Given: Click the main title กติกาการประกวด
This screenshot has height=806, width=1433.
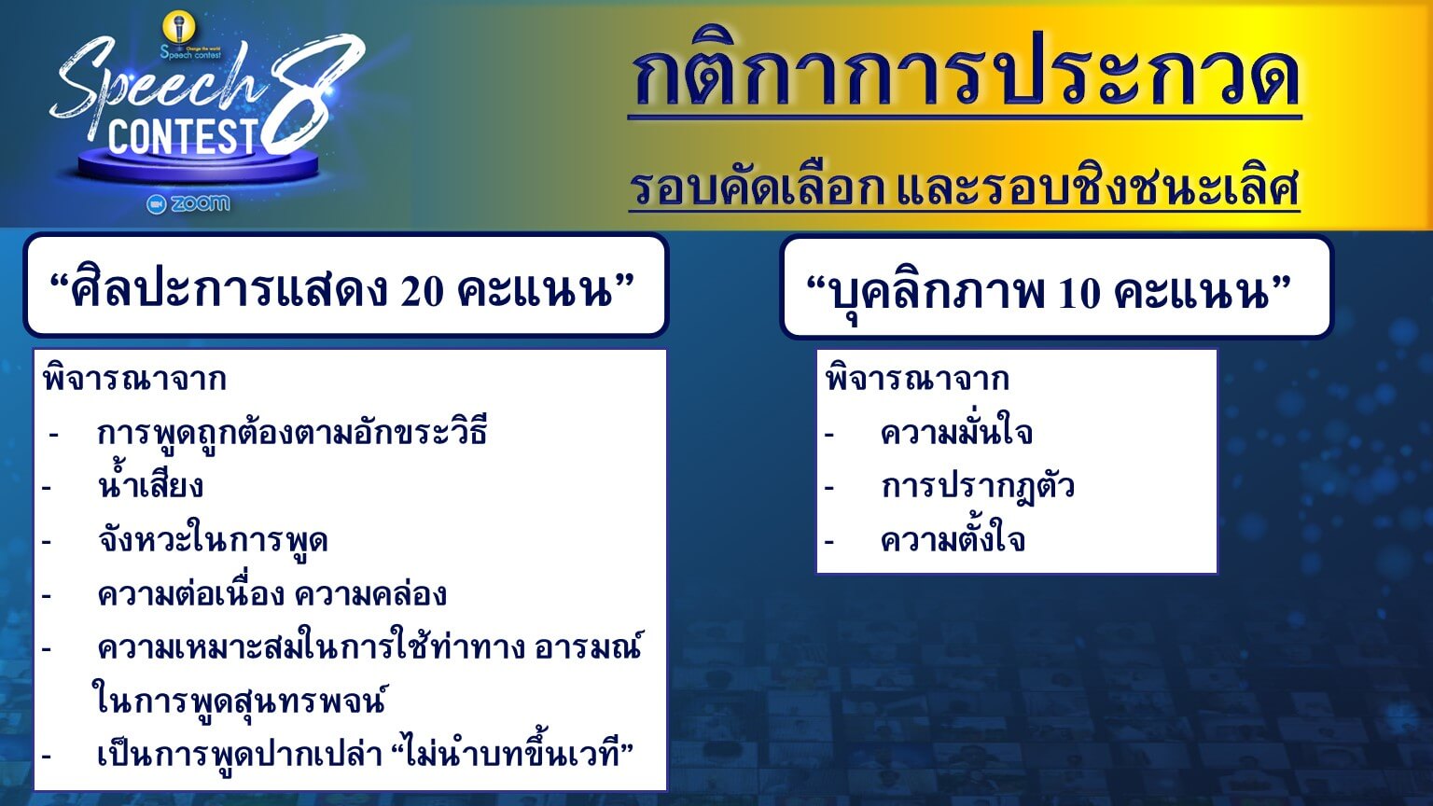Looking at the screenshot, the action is [966, 72].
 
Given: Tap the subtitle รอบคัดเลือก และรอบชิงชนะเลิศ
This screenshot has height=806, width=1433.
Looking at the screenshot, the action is [964, 187].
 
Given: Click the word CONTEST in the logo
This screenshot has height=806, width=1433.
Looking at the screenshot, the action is [183, 136].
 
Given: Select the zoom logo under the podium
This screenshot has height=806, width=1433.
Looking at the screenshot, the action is [188, 203].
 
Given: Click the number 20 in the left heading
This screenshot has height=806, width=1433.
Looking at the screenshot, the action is [423, 292].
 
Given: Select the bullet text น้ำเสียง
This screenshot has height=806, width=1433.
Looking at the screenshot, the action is [150, 484].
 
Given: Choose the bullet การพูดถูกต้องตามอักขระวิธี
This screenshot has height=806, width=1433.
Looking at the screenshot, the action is [292, 430].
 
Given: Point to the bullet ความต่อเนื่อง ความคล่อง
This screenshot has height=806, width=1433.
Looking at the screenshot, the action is [271, 592].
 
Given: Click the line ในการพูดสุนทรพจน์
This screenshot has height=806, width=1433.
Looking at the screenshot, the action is [239, 700].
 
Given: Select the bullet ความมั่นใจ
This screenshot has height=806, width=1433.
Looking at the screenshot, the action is [956, 431].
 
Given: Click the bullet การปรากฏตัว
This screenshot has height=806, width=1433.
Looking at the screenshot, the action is [978, 485].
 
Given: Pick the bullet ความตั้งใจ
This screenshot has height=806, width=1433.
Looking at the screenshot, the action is [953, 538].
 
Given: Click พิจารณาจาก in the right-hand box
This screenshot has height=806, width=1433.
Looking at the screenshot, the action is [917, 378].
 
